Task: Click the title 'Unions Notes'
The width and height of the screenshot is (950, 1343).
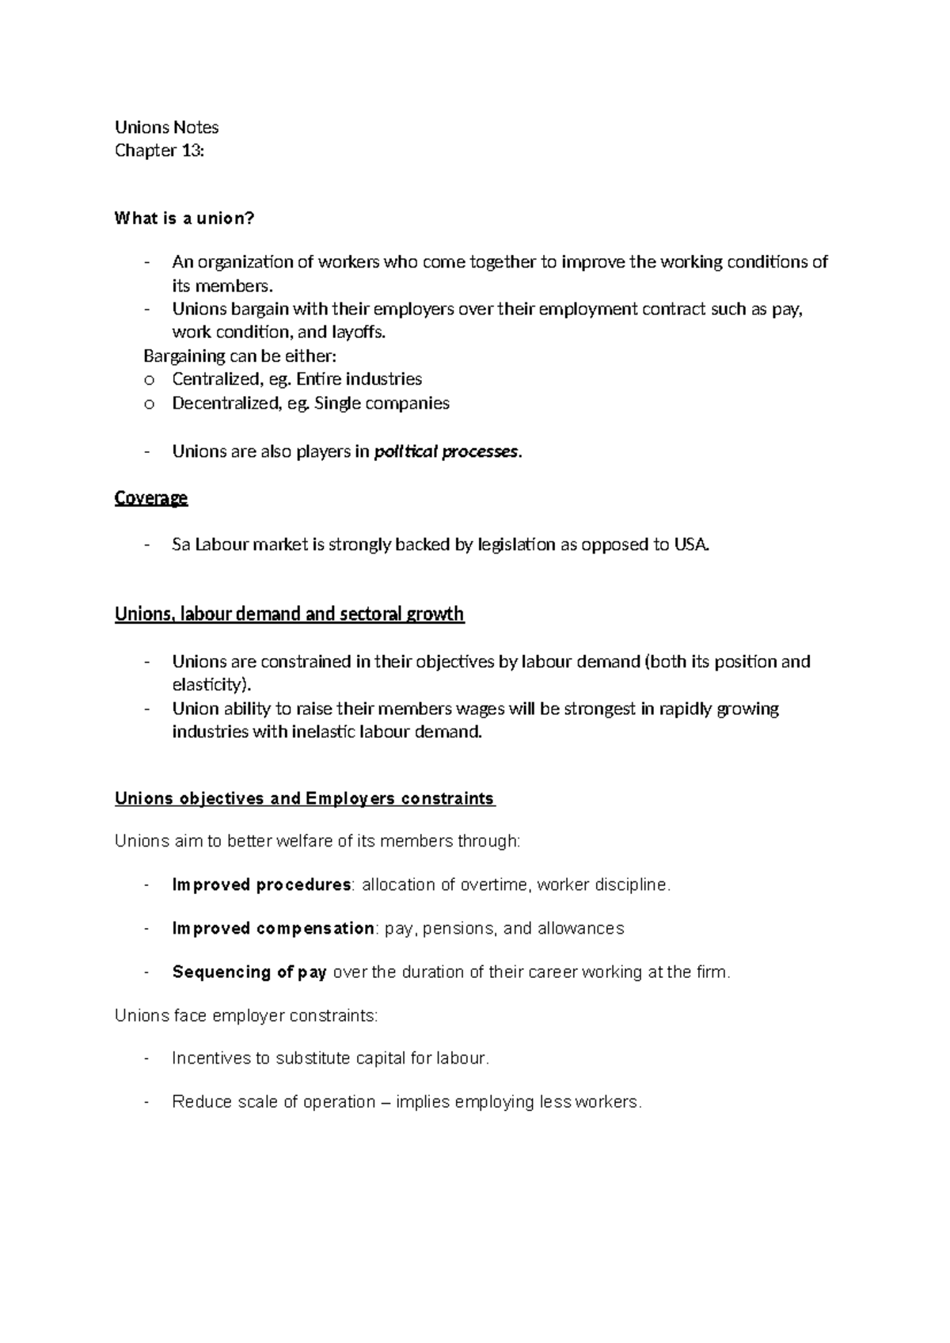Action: pyautogui.click(x=166, y=127)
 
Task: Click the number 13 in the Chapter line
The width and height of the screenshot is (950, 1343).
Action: pyautogui.click(x=190, y=150)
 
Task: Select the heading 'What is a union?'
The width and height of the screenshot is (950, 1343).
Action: pyautogui.click(x=184, y=219)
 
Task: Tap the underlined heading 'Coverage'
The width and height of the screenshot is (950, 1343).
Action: pyautogui.click(x=151, y=498)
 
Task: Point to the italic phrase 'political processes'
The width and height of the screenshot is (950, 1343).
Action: pyautogui.click(x=446, y=452)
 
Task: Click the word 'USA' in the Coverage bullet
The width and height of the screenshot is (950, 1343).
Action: pyautogui.click(x=690, y=545)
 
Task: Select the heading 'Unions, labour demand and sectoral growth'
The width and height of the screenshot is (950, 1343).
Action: pyautogui.click(x=289, y=614)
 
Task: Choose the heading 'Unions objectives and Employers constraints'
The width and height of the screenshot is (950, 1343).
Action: pyautogui.click(x=304, y=798)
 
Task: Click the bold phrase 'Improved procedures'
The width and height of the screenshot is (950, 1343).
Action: pyautogui.click(x=261, y=885)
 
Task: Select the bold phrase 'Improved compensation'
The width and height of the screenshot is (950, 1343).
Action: pyautogui.click(x=273, y=928)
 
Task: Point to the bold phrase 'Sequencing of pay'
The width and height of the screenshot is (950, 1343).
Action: pyautogui.click(x=249, y=972)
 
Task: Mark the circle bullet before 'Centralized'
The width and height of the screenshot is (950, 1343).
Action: pyautogui.click(x=148, y=380)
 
